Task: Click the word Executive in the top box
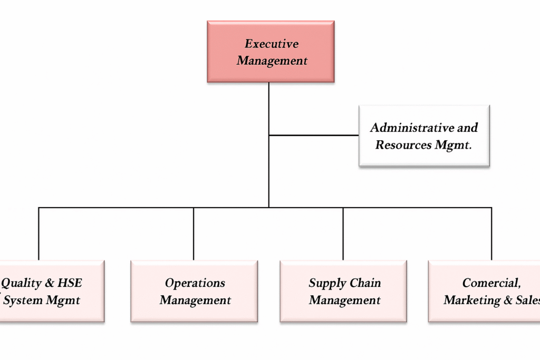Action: click(272, 44)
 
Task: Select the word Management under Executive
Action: click(272, 61)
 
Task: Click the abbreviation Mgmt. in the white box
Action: click(453, 145)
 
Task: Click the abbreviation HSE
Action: click(70, 283)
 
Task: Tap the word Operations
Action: click(195, 283)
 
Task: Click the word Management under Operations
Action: click(195, 300)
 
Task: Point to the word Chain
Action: click(365, 283)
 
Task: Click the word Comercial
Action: click(491, 283)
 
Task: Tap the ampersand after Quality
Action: click(49, 283)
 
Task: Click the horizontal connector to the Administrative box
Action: click(314, 135)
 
